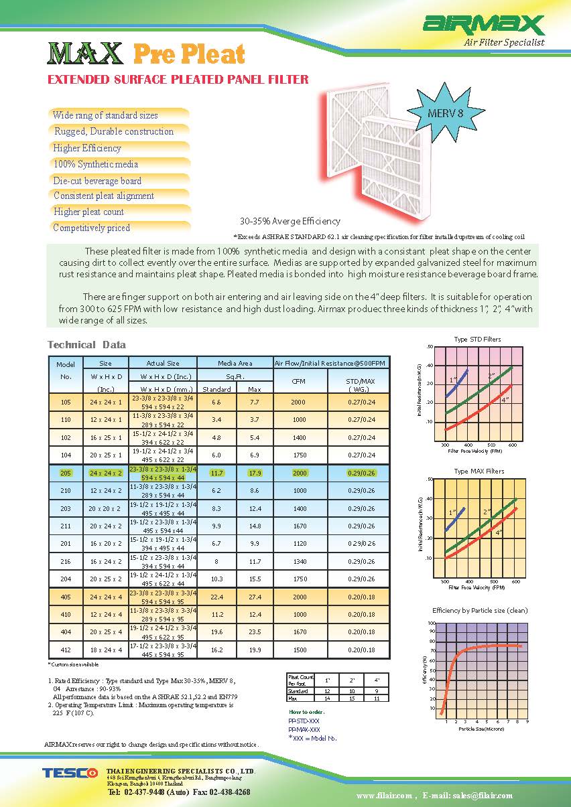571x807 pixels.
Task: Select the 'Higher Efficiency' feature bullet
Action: coord(87,148)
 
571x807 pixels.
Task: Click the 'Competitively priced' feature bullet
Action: coord(92,228)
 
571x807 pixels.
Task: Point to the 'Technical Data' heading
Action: coord(86,345)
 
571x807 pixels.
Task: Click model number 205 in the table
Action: coord(65,473)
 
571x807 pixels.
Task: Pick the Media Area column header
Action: coord(235,363)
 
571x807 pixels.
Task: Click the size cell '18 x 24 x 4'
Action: coord(105,650)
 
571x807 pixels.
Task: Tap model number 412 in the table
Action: coord(65,650)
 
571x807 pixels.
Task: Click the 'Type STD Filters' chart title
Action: coord(477,339)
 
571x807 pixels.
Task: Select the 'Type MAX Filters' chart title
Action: coord(479,471)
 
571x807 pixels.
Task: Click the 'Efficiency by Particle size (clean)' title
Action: coord(480,611)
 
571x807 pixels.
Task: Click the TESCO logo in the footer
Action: coord(70,774)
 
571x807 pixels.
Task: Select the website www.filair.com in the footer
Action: coord(384,796)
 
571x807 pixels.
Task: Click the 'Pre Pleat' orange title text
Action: coord(189,54)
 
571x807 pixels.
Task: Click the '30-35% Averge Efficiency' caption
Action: coord(290,221)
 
